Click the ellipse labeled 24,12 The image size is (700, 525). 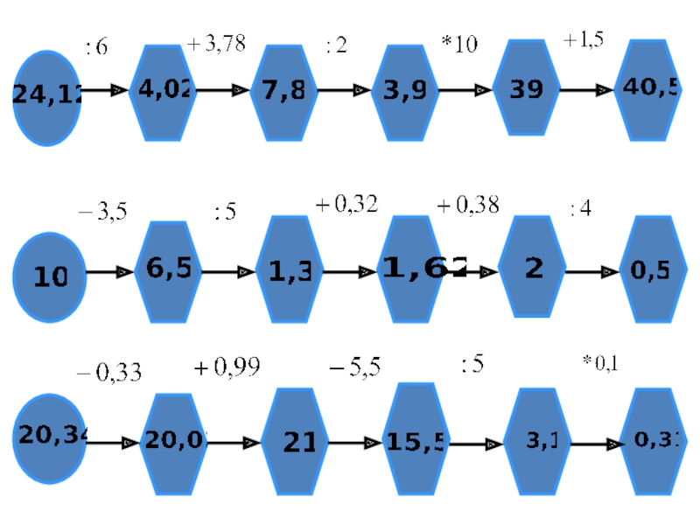point(48,97)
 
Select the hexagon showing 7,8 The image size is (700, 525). point(283,90)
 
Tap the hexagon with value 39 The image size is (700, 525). point(526,88)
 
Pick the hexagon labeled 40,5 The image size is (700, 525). point(648,88)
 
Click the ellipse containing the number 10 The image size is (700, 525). point(50,276)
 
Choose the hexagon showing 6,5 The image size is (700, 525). point(169,270)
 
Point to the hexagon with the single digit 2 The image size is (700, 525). point(533,269)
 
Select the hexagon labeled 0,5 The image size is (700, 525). point(651,270)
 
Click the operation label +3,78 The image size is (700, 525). point(216,44)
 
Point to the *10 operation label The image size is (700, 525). point(458,45)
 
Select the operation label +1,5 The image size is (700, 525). point(584,40)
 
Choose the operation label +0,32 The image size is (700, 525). point(346,205)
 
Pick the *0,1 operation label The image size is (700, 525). point(600,363)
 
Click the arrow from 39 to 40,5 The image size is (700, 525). point(585,90)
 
